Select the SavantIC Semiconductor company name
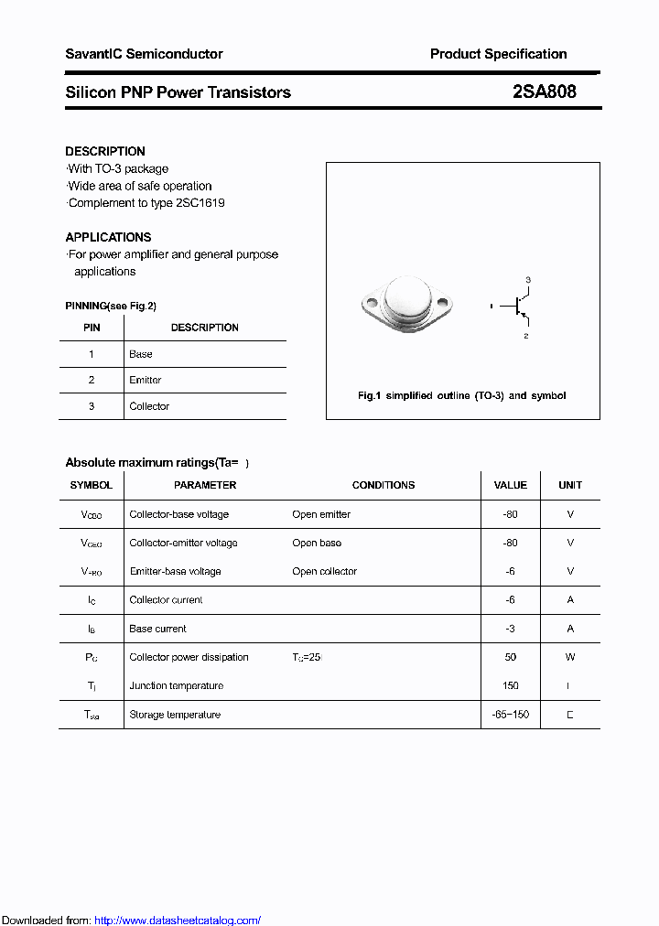[144, 54]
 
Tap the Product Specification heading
[498, 54]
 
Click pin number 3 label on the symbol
[527, 279]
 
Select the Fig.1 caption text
[461, 395]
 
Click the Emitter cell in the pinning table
[145, 380]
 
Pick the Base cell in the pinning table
[141, 354]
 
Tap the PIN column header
[92, 328]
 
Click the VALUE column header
[510, 485]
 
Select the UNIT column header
[570, 485]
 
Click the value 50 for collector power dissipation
[510, 657]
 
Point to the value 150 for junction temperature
[510, 685]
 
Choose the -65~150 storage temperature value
[510, 715]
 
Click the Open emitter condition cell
[321, 514]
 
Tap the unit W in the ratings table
[570, 657]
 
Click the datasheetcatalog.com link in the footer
[178, 921]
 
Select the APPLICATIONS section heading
[108, 237]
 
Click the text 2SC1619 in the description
[200, 203]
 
